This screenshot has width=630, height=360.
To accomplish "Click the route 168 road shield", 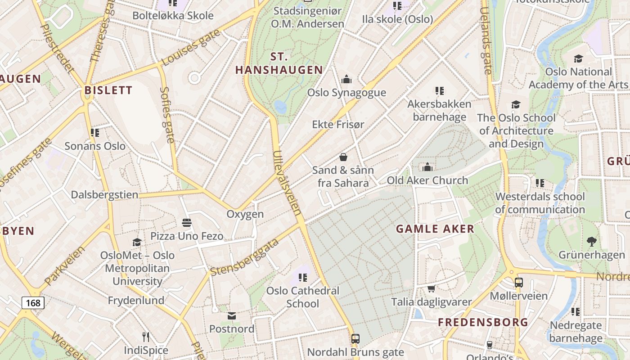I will (x=33, y=303).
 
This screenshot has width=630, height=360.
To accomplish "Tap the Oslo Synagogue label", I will (x=346, y=93).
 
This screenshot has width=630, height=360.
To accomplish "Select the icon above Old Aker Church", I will (x=427, y=167).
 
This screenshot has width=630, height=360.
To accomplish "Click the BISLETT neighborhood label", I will (x=108, y=90).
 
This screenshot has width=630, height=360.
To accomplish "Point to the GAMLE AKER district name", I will (x=435, y=229).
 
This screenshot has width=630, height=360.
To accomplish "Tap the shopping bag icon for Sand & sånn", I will (x=343, y=157).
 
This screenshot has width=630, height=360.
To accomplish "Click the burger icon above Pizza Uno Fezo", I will (x=187, y=223).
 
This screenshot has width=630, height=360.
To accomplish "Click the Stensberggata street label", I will (x=244, y=258).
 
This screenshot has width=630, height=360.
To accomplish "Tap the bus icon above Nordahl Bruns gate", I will (x=355, y=339).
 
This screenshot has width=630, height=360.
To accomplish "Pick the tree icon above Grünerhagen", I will (x=592, y=242).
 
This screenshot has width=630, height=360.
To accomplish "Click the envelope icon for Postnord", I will (x=232, y=316).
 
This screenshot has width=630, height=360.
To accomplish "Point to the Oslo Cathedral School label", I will (x=303, y=297).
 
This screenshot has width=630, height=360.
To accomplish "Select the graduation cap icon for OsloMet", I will (x=137, y=243).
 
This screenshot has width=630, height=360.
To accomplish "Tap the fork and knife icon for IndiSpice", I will (x=146, y=337).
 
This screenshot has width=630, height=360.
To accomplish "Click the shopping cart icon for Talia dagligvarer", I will (x=431, y=288).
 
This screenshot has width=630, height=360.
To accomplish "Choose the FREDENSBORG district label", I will (x=483, y=322).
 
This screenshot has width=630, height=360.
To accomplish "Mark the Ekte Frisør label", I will (x=338, y=124).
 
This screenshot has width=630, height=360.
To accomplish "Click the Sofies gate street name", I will (x=166, y=115).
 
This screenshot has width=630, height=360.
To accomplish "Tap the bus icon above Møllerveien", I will (x=519, y=283).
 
